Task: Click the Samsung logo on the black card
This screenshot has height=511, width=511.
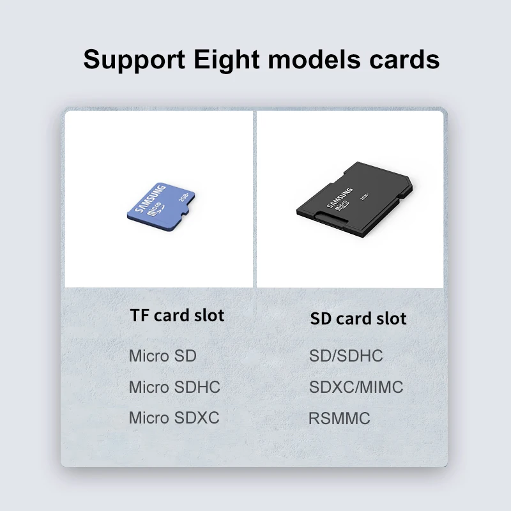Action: (340, 196)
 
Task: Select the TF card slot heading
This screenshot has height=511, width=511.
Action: (177, 315)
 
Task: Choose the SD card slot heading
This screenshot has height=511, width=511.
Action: (358, 318)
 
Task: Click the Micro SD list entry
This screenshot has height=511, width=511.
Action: (162, 356)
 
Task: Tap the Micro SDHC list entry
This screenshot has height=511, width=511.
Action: (174, 387)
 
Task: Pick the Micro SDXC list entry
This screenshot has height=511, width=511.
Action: (174, 418)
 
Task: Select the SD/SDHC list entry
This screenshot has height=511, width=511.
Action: (346, 356)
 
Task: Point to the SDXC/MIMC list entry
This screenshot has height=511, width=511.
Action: (356, 387)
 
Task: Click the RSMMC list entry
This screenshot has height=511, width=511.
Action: (339, 419)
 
